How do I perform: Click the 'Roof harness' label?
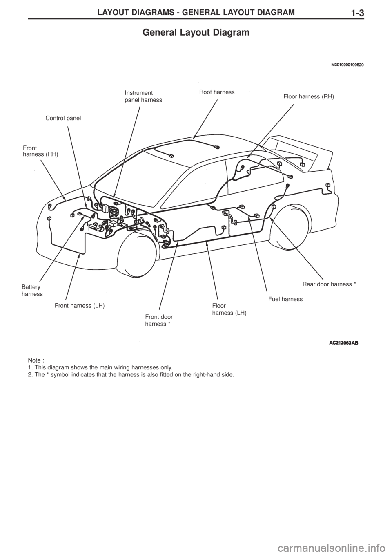(x=217, y=92)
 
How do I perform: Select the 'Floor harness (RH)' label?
(x=309, y=97)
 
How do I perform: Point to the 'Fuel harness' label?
(x=285, y=299)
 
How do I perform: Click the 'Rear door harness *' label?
(x=329, y=284)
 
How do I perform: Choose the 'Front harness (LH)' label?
(x=80, y=306)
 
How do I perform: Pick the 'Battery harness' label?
(x=32, y=291)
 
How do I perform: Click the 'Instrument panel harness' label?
(x=144, y=96)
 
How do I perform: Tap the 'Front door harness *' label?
(x=159, y=320)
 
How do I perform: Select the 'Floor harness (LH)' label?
(x=229, y=309)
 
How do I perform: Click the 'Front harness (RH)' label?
(x=40, y=151)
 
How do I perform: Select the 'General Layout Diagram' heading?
(x=196, y=32)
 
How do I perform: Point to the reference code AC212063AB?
(x=344, y=343)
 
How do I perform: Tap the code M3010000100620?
(x=347, y=65)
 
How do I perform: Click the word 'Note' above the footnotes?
(x=34, y=360)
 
